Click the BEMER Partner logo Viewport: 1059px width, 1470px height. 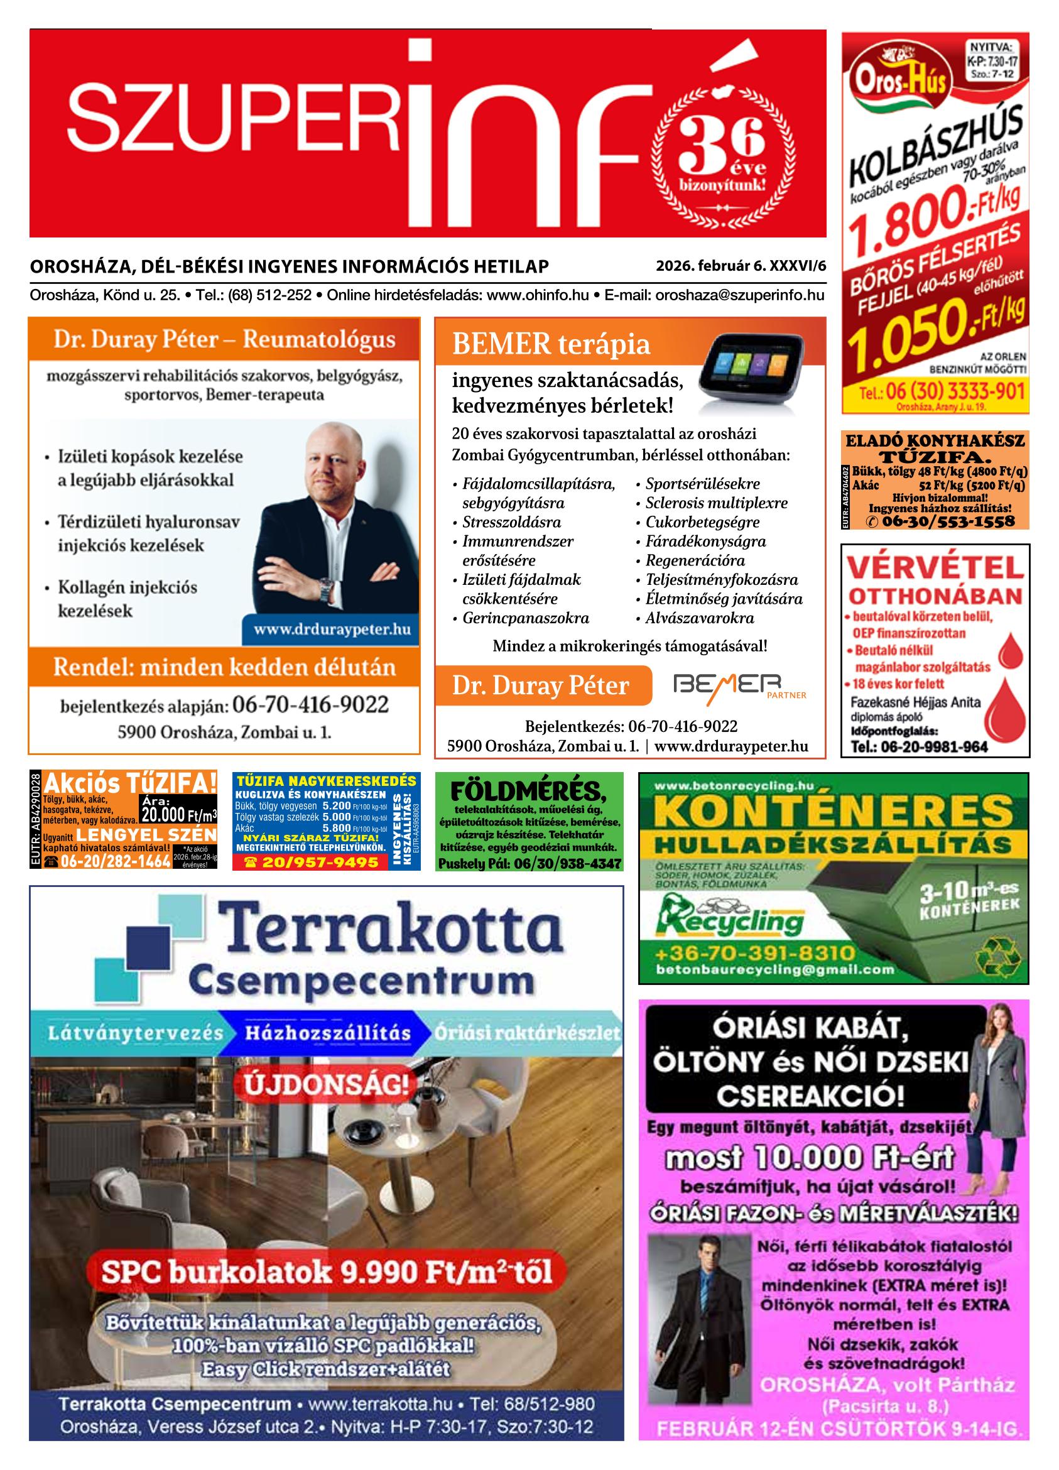coord(739,685)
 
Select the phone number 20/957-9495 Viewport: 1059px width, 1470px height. coord(312,862)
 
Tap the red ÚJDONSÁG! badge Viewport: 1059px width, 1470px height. coord(327,1085)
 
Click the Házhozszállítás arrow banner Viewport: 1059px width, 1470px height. coord(328,1033)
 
